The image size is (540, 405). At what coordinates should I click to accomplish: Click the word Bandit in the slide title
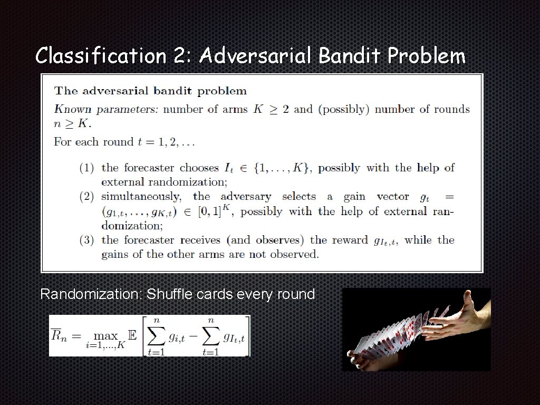click(x=350, y=55)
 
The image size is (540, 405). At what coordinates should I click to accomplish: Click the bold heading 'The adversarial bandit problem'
click(x=150, y=91)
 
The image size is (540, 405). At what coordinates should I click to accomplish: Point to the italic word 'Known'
click(x=73, y=110)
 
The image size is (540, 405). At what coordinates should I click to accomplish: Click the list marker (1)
click(x=87, y=168)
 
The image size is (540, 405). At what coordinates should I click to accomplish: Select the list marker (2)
click(x=87, y=197)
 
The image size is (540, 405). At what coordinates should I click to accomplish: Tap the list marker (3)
click(x=87, y=240)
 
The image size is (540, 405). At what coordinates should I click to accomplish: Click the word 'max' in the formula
click(x=106, y=336)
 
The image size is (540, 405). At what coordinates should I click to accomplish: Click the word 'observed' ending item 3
click(x=294, y=254)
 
